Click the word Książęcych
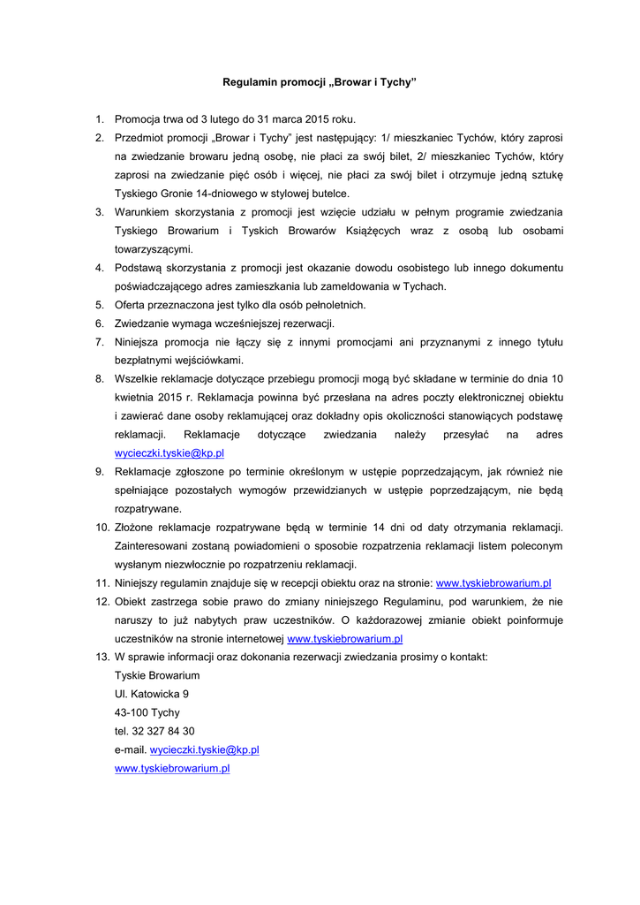point(368,231)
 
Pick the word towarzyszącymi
point(154,249)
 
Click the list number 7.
point(100,342)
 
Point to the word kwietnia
point(135,398)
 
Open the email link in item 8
point(169,453)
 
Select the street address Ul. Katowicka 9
point(151,694)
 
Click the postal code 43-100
point(131,712)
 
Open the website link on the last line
point(172,768)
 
